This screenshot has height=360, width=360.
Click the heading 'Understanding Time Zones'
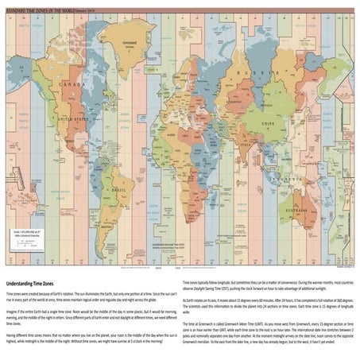[x=33, y=284]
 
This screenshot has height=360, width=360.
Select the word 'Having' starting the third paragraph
[x=11, y=335]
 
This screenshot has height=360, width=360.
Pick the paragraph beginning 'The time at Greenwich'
[x=267, y=330]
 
